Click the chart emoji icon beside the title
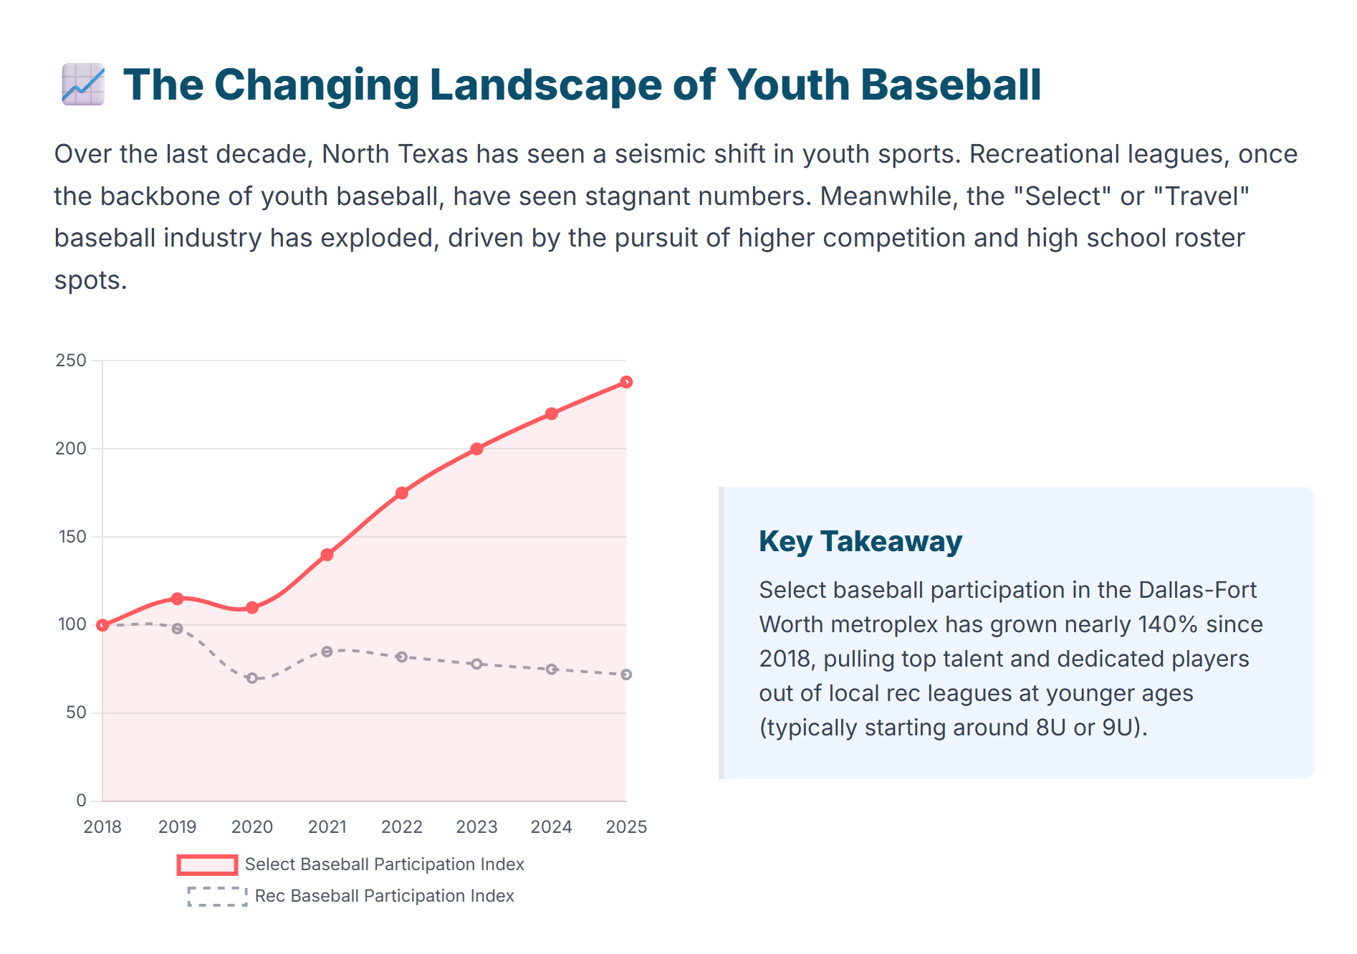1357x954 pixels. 83,85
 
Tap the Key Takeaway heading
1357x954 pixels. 860,541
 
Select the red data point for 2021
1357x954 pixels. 327,555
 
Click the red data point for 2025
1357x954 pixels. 626,382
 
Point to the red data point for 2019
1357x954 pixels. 177,598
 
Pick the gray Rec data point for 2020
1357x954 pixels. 252,678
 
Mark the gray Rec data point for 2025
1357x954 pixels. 626,674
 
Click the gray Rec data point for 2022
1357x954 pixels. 402,657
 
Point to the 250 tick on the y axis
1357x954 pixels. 71,361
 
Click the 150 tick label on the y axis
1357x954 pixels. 71,537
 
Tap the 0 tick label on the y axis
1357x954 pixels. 81,801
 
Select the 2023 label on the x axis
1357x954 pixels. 476,827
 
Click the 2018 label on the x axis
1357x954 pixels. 102,827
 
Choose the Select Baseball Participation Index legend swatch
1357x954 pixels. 207,865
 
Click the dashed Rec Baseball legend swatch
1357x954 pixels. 217,897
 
